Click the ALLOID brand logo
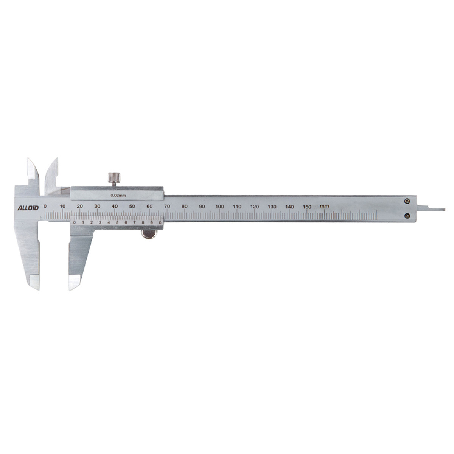[x=28, y=208]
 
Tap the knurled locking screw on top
[x=114, y=178]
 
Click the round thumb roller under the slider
[x=149, y=235]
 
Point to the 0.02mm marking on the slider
[x=118, y=195]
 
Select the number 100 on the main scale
[x=219, y=207]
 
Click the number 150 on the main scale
[x=307, y=207]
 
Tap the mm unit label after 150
[x=324, y=206]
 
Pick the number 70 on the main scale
[x=167, y=207]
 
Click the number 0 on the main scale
[x=45, y=207]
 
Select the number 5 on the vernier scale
[x=117, y=222]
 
